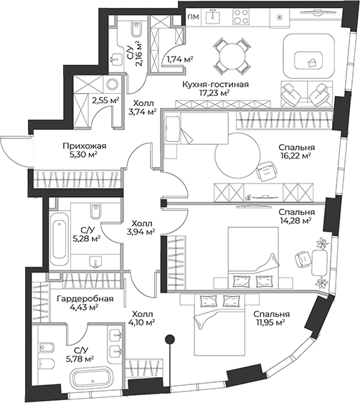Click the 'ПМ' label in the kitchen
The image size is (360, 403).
pyautogui.click(x=193, y=17)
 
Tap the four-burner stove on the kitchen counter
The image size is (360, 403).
pyautogui.click(x=241, y=16)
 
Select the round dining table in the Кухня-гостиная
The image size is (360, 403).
pyautogui.click(x=232, y=56)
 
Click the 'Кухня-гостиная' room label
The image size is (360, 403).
pyautogui.click(x=215, y=85)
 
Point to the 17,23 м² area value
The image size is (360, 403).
pyautogui.click(x=214, y=93)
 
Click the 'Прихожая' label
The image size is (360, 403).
pyautogui.click(x=85, y=146)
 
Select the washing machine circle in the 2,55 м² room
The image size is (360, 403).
pyautogui.click(x=112, y=83)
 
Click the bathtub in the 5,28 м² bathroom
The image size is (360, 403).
pyautogui.click(x=60, y=239)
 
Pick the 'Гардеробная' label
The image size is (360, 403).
pyautogui.click(x=85, y=299)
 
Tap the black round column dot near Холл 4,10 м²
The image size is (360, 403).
pyautogui.click(x=169, y=339)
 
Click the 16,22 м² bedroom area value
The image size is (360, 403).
pyautogui.click(x=296, y=156)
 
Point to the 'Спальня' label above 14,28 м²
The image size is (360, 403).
pyautogui.click(x=296, y=212)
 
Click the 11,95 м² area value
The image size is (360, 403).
pyautogui.click(x=271, y=322)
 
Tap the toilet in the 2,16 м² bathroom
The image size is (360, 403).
pyautogui.click(x=137, y=29)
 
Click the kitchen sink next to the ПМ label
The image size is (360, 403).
pyautogui.click(x=212, y=16)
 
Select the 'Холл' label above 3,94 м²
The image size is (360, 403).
pyautogui.click(x=141, y=223)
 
